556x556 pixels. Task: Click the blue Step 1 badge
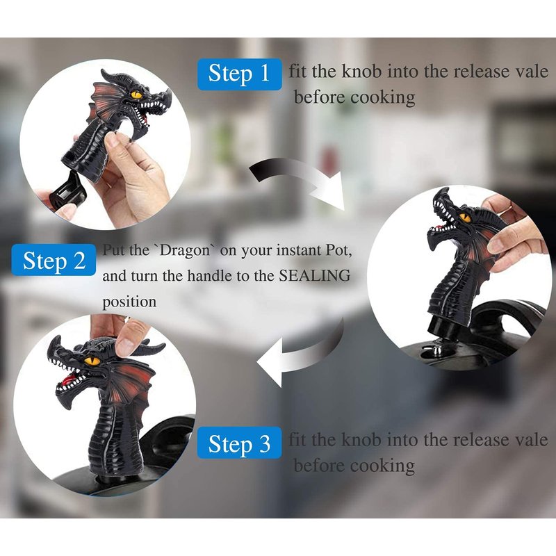(239, 74)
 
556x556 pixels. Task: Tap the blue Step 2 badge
(54, 260)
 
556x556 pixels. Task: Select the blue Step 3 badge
(239, 443)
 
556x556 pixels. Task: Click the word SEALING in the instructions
(315, 275)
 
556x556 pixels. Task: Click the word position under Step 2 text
(129, 302)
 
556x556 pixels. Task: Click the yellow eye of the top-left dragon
(136, 95)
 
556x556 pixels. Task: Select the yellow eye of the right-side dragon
(465, 217)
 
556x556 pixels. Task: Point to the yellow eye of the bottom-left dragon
(92, 361)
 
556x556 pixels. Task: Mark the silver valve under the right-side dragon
(436, 349)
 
